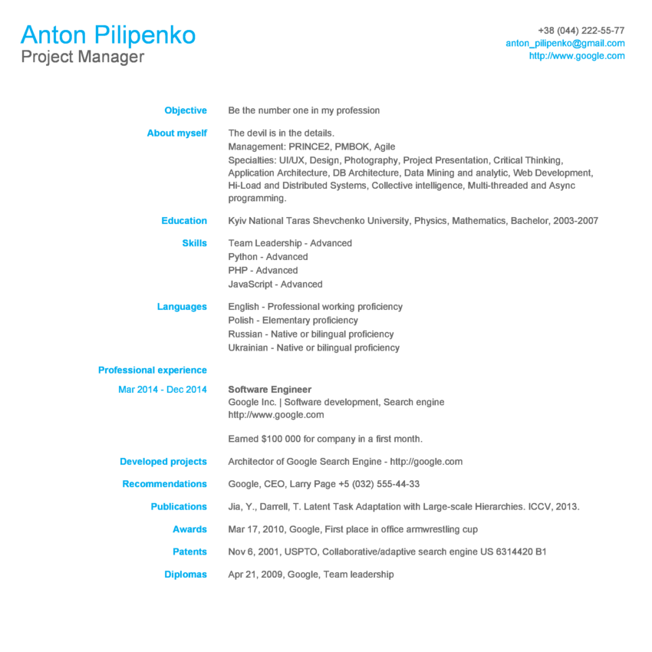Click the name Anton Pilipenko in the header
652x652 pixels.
tap(108, 35)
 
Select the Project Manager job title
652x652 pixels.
tap(83, 57)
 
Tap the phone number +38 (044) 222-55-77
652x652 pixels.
tap(581, 31)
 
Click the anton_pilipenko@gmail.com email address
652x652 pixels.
tap(565, 43)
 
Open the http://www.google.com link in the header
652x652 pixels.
tap(576, 56)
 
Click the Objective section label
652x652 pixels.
tap(186, 110)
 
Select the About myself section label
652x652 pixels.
tap(176, 133)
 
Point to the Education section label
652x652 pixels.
tap(184, 221)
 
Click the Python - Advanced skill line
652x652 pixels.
tap(268, 257)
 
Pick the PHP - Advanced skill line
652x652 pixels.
tap(263, 271)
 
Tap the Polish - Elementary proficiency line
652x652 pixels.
tap(293, 321)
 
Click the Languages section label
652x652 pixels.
tap(182, 307)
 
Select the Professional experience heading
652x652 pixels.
tap(152, 370)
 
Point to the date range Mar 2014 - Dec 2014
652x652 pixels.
tap(163, 390)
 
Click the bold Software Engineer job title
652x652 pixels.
tap(270, 390)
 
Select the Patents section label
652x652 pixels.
tap(189, 552)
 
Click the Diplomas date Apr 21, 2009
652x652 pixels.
tap(255, 575)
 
